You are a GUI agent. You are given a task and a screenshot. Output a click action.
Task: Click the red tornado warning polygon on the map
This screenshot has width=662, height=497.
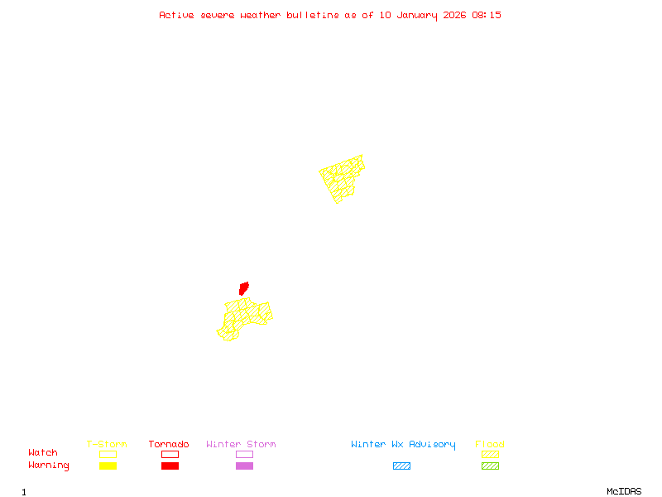click(243, 288)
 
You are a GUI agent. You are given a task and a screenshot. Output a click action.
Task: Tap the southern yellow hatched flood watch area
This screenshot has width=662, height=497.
click(243, 318)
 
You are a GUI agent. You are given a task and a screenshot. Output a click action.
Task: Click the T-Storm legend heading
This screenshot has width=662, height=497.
click(107, 445)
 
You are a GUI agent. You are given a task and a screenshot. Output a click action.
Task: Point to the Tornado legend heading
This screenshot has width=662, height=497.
click(169, 445)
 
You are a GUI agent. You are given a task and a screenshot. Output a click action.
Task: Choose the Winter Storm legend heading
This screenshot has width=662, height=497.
click(241, 445)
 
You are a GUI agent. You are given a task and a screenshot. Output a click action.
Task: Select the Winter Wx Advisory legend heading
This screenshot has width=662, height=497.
click(403, 445)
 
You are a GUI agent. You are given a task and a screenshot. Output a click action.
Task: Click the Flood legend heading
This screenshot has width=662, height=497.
click(490, 445)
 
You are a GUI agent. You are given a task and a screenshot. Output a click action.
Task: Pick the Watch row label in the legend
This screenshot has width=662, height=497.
click(43, 453)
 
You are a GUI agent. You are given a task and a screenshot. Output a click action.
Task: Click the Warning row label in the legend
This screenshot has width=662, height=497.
click(49, 466)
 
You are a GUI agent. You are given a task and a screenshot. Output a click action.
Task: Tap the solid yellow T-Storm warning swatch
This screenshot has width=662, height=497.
click(108, 466)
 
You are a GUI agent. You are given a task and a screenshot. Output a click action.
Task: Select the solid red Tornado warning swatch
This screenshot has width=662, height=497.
click(170, 466)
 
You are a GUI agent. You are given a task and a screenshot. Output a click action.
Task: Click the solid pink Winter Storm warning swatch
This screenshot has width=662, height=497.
click(244, 466)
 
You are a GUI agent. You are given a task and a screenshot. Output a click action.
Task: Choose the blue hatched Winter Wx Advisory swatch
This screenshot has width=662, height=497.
click(401, 466)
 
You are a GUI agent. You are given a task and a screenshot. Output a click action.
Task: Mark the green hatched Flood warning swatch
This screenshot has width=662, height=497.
click(490, 466)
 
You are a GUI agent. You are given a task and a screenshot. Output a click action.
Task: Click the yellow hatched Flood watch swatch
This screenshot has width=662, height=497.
click(490, 454)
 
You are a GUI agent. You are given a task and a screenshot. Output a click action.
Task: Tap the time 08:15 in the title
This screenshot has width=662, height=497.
click(487, 15)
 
